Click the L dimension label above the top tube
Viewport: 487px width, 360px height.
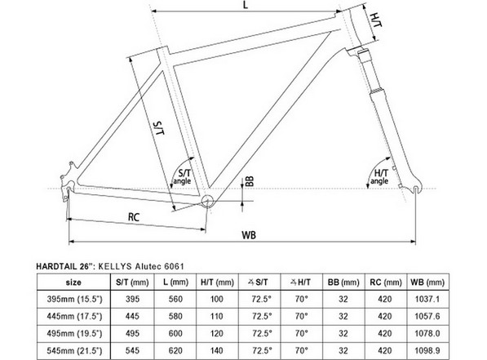point(246,5)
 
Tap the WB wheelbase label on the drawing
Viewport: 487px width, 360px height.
point(249,235)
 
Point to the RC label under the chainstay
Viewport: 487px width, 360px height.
point(134,216)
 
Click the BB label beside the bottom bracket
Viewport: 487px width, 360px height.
point(250,181)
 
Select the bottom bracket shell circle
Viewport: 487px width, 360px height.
point(207,201)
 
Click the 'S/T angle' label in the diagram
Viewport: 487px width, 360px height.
point(183,177)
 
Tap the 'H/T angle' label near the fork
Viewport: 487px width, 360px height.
point(380,176)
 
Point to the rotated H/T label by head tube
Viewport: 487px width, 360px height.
point(376,20)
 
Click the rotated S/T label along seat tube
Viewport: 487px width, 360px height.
point(159,128)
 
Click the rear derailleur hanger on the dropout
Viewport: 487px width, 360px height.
point(66,195)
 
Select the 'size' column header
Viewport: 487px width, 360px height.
point(73,282)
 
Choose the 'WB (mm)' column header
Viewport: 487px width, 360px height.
point(427,282)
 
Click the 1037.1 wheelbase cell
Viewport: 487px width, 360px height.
point(427,299)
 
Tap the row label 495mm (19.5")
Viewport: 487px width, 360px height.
point(74,333)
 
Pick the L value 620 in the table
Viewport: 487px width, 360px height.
point(175,351)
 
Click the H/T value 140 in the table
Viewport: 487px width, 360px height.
point(217,351)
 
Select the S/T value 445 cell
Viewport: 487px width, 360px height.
point(132,316)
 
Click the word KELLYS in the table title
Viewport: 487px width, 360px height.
point(114,266)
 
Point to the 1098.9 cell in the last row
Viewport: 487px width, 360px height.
point(427,351)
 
